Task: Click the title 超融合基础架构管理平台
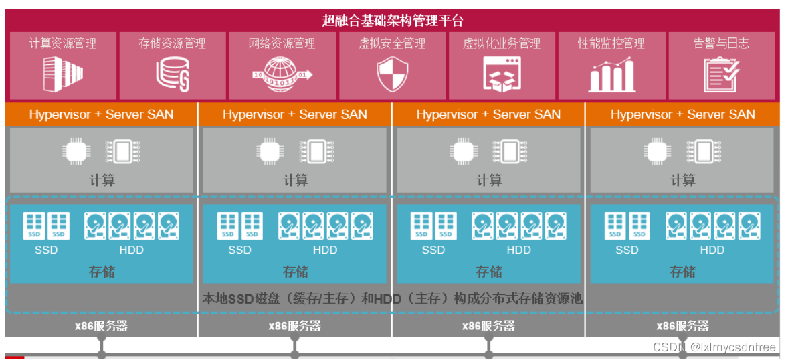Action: coord(392,20)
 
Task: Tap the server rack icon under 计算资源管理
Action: coord(62,73)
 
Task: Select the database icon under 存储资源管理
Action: coord(172,74)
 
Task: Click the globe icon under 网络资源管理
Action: coord(282,74)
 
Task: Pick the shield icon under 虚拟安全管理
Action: coord(392,74)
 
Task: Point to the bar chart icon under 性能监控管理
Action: coord(611,74)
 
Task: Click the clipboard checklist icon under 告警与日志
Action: coord(721,74)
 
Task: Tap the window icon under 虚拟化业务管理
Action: coord(502,74)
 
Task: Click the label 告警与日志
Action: coord(721,43)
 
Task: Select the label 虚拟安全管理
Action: coord(392,43)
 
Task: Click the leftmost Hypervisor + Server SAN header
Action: coord(101,114)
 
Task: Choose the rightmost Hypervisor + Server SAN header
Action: coord(682,114)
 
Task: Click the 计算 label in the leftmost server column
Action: coord(102,180)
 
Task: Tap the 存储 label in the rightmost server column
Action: coord(682,272)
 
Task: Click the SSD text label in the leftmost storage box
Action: coord(46,250)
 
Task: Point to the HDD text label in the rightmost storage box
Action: coord(712,250)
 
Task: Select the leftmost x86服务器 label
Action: coord(101,326)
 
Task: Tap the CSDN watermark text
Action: coord(714,347)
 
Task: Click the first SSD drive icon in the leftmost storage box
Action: coord(35,226)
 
